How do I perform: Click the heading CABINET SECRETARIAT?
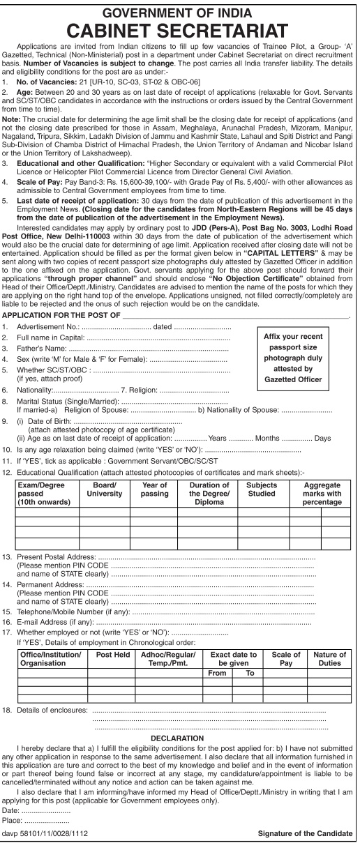click(180, 30)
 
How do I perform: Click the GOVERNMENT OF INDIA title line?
click(180, 10)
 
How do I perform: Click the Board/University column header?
click(103, 489)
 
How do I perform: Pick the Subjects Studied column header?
click(262, 489)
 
